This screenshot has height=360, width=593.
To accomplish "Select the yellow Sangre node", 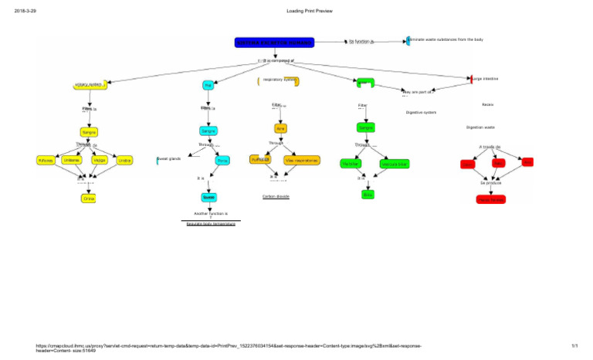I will pos(90,133).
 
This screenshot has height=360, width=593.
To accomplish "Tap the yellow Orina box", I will pos(90,199).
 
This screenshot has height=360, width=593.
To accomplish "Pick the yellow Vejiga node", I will pos(100,160).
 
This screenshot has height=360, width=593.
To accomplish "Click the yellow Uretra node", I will pos(124,160).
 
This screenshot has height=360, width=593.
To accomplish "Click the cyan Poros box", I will pos(222,161).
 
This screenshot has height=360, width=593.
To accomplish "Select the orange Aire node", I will pos(280,128).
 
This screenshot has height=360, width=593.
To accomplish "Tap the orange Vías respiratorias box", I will pos(300,160).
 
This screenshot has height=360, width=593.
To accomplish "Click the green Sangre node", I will pos(366,127).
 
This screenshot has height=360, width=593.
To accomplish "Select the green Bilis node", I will pos(368,194).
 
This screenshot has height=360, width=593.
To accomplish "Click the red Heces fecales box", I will pos(491,199).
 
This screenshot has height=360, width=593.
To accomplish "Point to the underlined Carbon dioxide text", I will pos(276,196).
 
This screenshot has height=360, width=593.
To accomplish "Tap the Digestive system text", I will pos(421,113).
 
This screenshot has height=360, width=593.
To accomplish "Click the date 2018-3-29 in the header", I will pos(26,11).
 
